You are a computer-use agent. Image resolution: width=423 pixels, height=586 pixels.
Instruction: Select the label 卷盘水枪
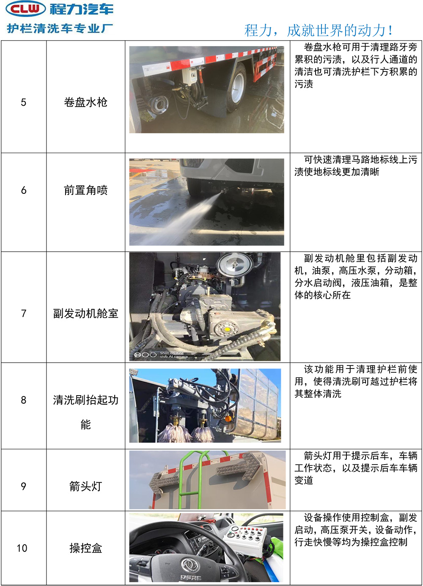pos(86,102)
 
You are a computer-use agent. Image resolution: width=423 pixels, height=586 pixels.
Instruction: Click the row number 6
pos(24,190)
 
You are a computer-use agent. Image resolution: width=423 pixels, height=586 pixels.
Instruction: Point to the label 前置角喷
pos(86,190)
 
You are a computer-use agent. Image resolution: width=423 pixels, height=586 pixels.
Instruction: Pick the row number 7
pos(24,313)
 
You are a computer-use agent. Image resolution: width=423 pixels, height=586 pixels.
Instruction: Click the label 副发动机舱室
pos(86,313)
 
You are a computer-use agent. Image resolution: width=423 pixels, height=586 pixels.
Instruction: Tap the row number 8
pos(24,400)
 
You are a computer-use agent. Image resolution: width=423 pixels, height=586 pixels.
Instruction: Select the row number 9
pos(24,486)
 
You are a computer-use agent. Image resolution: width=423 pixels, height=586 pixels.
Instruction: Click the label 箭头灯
pos(86,486)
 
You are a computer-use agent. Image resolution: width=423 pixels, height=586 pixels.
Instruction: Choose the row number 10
pos(22,548)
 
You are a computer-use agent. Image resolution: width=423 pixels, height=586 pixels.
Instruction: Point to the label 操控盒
pos(86,548)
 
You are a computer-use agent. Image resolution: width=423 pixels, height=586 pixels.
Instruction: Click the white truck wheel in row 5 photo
pos(238,88)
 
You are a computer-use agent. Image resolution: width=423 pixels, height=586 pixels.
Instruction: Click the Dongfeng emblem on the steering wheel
pos(190,565)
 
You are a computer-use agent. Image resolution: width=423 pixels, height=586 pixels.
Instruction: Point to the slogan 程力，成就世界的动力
pos(318,30)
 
